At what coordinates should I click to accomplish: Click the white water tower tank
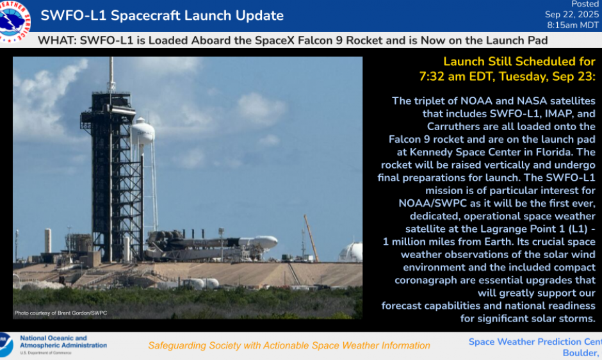click(x=143, y=132)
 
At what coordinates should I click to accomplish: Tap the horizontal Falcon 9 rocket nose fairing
click(x=265, y=242)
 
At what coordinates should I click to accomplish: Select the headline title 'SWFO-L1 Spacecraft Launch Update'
click(x=162, y=15)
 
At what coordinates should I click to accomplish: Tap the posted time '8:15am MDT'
click(x=572, y=26)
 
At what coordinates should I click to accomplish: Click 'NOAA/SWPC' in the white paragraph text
click(x=428, y=203)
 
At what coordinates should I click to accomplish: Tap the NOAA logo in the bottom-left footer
click(x=6, y=345)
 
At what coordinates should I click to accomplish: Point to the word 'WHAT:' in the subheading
click(x=54, y=40)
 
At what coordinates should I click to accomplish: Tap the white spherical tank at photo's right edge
click(x=352, y=252)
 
